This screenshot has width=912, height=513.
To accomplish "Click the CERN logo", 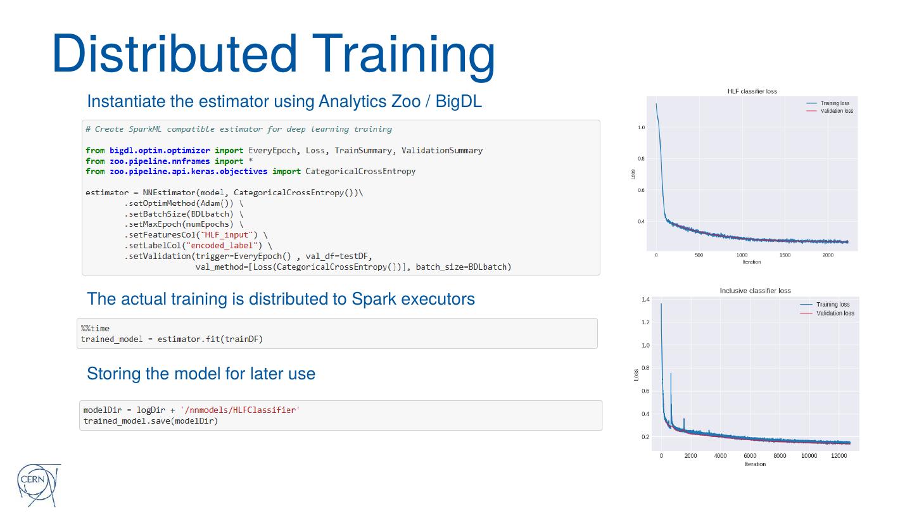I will click(37, 484).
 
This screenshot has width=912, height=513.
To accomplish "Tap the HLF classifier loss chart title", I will click(752, 91).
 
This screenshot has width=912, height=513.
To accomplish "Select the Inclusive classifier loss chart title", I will click(755, 291).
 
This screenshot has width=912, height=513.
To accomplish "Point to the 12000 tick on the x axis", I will click(839, 455).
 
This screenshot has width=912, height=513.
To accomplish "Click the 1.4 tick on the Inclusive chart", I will click(645, 299).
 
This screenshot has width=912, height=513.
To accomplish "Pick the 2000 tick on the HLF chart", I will click(828, 255).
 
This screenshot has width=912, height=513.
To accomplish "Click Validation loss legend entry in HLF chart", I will click(837, 111).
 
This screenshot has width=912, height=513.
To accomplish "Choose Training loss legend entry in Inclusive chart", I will click(833, 305).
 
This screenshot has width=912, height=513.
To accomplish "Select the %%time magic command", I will click(95, 328).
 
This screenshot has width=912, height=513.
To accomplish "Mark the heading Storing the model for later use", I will click(201, 374).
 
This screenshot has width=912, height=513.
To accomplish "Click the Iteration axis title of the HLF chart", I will click(752, 262).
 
